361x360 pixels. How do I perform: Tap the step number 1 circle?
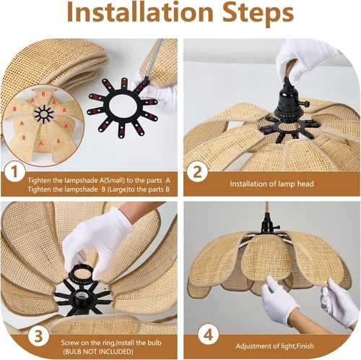click(x=14, y=172)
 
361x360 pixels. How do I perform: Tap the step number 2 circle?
click(x=197, y=172)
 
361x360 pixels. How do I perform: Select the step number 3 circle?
click(x=38, y=336)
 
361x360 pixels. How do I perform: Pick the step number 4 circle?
click(x=209, y=335)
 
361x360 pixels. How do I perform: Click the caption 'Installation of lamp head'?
click(x=271, y=184)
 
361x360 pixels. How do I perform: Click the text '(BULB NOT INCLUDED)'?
click(x=98, y=351)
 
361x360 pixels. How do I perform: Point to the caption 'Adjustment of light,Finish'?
click(x=274, y=346)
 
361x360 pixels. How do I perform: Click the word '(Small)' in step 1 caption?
click(x=115, y=180)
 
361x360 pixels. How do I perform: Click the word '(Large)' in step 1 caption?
click(x=118, y=189)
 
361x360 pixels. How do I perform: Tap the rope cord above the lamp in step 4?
click(x=267, y=207)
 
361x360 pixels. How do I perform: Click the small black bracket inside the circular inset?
click(x=44, y=113)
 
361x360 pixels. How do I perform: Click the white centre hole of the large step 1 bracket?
click(x=123, y=106)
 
